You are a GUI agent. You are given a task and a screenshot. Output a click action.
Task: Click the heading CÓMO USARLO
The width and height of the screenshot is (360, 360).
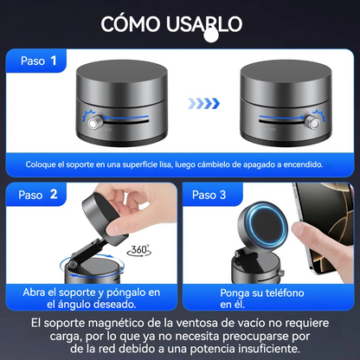coord(171,23)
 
